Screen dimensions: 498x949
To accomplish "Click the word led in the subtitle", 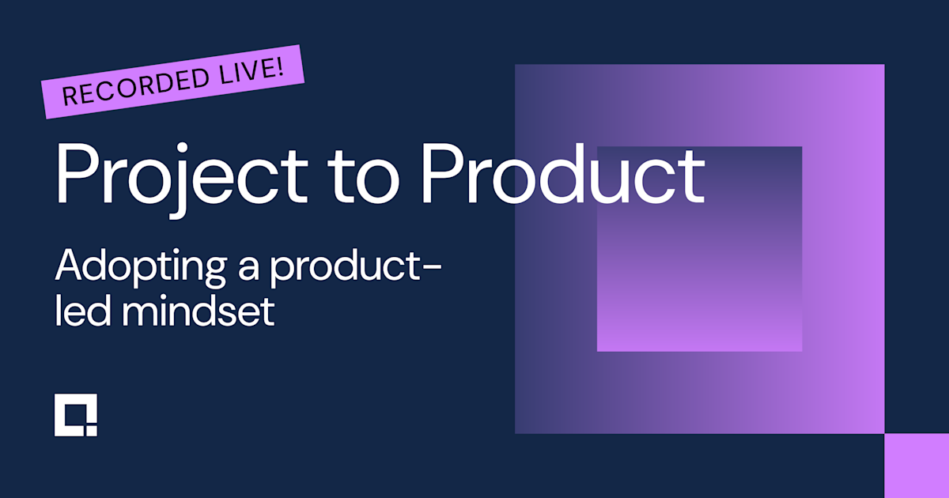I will (x=74, y=311).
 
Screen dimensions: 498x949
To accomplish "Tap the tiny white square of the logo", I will (x=92, y=430).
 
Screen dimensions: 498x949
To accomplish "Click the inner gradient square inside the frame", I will (x=699, y=248).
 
